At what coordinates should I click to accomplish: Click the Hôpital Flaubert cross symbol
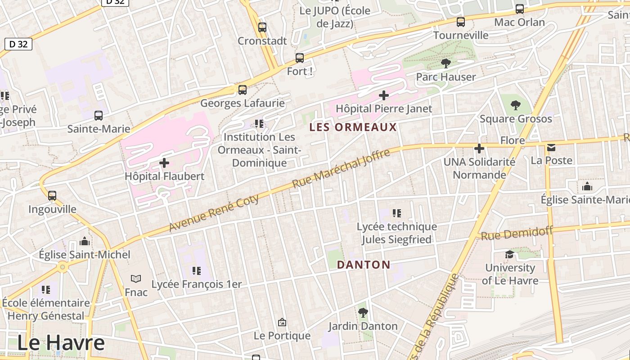tap(164, 163)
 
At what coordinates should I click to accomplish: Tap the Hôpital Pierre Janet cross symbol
tap(383, 95)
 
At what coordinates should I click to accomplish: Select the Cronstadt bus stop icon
tap(262, 27)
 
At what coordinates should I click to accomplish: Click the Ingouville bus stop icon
tap(52, 196)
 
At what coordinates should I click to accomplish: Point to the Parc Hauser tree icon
tap(445, 63)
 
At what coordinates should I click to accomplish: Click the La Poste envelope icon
tap(551, 148)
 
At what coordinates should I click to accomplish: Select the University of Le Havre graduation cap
tap(509, 255)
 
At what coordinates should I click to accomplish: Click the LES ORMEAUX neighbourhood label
tap(353, 127)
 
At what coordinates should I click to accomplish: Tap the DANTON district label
tap(363, 265)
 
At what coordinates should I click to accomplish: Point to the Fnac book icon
tap(136, 279)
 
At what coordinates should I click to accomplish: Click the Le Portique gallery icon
tap(282, 322)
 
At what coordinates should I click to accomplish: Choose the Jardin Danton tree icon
tap(363, 313)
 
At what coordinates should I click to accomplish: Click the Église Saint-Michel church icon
tap(84, 242)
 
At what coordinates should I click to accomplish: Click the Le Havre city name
tap(61, 343)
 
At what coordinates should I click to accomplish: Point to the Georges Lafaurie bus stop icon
tap(243, 90)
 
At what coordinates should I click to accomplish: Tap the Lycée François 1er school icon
tap(197, 271)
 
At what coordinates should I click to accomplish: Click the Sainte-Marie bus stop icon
tap(99, 116)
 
